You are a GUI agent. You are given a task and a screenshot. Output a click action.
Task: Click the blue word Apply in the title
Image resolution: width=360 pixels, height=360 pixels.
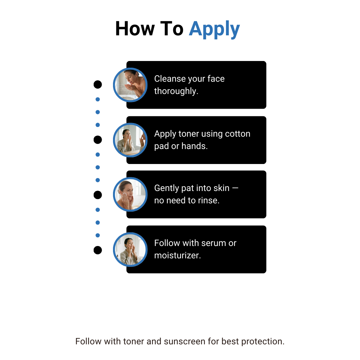214,29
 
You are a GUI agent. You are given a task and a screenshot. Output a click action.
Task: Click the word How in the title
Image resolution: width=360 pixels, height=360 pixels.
135,29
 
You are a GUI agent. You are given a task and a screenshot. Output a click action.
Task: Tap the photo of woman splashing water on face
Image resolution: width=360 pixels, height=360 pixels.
130,85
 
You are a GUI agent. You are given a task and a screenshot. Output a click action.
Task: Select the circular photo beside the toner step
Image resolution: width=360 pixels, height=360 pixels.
130,140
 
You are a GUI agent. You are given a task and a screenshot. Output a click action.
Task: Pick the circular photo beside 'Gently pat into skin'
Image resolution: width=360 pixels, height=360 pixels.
130,194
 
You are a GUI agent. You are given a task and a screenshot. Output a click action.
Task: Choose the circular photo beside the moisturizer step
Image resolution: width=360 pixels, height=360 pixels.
130,250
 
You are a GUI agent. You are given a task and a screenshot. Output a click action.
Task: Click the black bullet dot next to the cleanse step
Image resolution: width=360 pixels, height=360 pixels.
98,84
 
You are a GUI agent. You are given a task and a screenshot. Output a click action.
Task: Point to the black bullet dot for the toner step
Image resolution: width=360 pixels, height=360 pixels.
98,140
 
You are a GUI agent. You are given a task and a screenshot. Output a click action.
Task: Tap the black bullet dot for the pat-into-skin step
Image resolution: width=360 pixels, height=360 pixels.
98,195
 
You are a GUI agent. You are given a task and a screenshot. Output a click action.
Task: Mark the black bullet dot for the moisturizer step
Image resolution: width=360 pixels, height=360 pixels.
98,250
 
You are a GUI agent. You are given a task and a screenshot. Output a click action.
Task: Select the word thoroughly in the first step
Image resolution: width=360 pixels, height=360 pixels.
176,91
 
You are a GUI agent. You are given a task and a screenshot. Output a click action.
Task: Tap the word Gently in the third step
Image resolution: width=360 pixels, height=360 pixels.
167,188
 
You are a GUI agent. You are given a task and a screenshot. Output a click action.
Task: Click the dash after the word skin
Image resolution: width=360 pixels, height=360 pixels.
235,188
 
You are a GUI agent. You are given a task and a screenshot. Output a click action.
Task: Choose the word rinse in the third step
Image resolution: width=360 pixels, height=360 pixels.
209,201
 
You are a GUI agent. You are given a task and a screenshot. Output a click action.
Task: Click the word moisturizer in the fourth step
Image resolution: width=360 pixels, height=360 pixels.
177,256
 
